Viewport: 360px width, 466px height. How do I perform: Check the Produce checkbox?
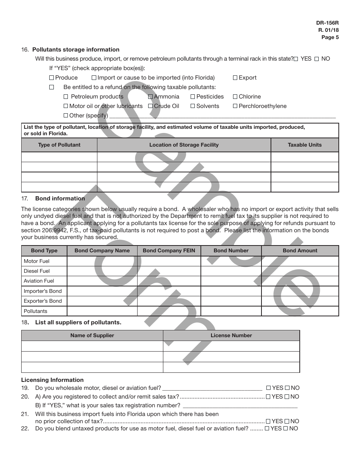point(52,78)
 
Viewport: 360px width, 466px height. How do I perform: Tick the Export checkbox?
point(235,78)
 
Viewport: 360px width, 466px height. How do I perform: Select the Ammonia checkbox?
point(150,97)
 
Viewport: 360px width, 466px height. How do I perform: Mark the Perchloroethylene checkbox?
point(235,106)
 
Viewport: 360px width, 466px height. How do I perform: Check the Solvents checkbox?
point(193,106)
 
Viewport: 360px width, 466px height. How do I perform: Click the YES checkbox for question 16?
point(296,59)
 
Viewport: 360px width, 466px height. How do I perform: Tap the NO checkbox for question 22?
point(286,428)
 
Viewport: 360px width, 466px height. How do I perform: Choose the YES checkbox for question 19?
point(268,388)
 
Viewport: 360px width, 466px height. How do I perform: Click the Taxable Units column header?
point(305,145)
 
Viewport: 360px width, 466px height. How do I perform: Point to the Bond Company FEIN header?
point(169,250)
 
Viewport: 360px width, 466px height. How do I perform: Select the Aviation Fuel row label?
point(39,281)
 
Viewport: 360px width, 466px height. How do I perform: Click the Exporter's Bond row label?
point(43,301)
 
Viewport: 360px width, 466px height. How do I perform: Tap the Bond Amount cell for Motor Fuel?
point(300,261)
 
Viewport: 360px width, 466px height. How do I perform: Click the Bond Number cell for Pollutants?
point(231,311)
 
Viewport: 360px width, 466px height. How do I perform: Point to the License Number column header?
point(231,335)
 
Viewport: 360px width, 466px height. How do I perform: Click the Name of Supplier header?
point(92,335)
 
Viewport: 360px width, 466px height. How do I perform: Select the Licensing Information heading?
point(52,380)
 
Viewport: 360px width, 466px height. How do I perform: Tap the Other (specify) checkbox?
point(66,116)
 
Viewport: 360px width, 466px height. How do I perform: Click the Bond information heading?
point(60,199)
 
